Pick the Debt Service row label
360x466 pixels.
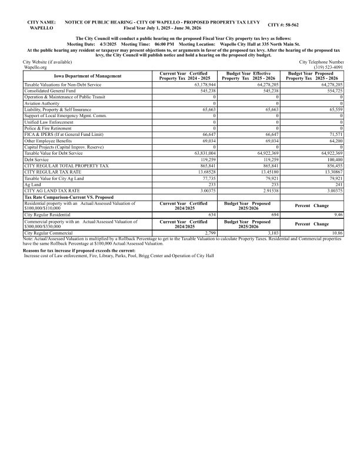pyautogui.click(x=39, y=159)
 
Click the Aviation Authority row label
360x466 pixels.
pyautogui.click(x=42, y=102)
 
